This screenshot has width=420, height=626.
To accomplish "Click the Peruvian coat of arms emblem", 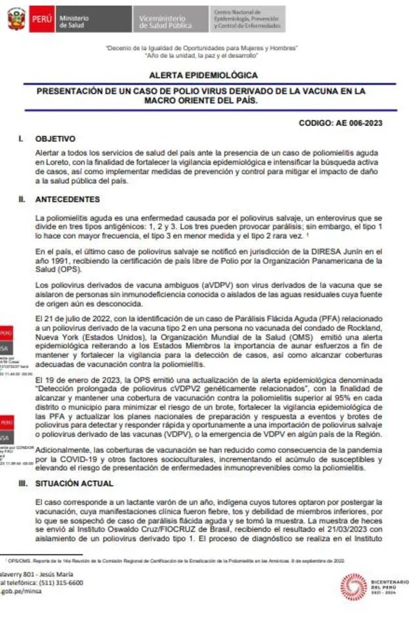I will tap(17, 20).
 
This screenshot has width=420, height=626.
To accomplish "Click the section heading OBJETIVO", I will tap(55, 139).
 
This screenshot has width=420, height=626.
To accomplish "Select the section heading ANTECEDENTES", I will tap(68, 199).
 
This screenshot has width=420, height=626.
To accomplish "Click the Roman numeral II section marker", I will tap(22, 199).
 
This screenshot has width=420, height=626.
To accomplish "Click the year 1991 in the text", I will tap(55, 261).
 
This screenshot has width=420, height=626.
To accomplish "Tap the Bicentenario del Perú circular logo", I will tap(353, 586).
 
